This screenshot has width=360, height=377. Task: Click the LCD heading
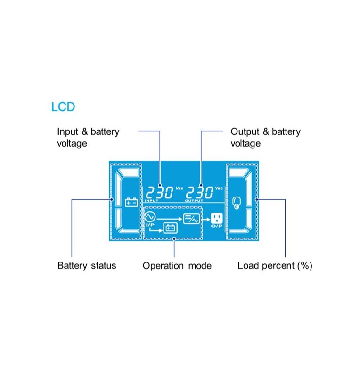click(x=63, y=107)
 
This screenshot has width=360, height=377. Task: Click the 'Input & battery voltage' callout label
click(x=88, y=138)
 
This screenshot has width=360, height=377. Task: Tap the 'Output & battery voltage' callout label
click(x=265, y=138)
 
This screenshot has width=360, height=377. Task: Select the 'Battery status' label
click(x=87, y=266)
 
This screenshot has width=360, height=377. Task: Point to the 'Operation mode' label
click(x=177, y=266)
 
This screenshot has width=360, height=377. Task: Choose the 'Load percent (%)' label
click(x=275, y=266)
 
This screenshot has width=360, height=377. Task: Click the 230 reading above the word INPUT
click(x=159, y=193)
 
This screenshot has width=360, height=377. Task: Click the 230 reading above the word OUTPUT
click(x=199, y=193)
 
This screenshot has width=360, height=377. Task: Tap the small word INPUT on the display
click(x=152, y=201)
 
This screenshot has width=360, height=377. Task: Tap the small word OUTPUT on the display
click(x=194, y=201)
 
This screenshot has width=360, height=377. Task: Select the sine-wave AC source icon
click(x=150, y=217)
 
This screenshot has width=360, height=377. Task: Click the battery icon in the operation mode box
click(x=170, y=228)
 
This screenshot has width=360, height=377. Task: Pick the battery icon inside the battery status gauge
click(x=131, y=202)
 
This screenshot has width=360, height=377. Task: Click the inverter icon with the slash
click(x=191, y=219)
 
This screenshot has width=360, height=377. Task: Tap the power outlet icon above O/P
click(x=216, y=218)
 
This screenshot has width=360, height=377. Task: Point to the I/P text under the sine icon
click(x=149, y=225)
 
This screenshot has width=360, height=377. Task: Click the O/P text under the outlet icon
click(x=216, y=226)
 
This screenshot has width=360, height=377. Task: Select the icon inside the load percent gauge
click(x=237, y=203)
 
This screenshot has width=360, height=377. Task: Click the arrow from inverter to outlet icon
click(x=205, y=219)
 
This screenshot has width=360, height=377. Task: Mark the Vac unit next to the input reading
click(x=179, y=188)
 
